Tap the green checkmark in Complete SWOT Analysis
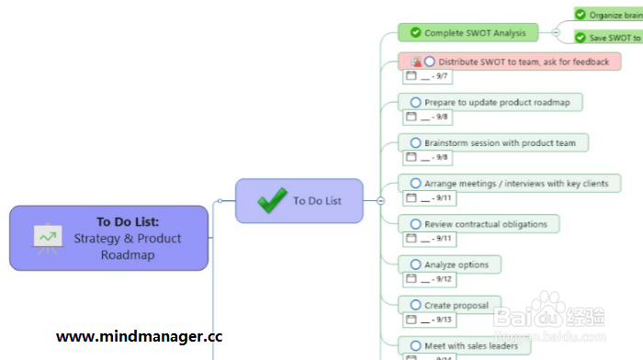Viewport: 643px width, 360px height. point(415,33)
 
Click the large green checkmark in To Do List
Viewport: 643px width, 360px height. point(272,200)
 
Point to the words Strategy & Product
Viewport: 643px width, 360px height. point(128,238)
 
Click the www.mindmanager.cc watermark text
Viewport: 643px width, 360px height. point(139,336)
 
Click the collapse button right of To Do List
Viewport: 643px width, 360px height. point(380,200)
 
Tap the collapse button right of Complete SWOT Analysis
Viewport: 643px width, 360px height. point(556,32)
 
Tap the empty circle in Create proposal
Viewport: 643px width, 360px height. point(416,305)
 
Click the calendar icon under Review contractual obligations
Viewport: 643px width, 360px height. point(411,239)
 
